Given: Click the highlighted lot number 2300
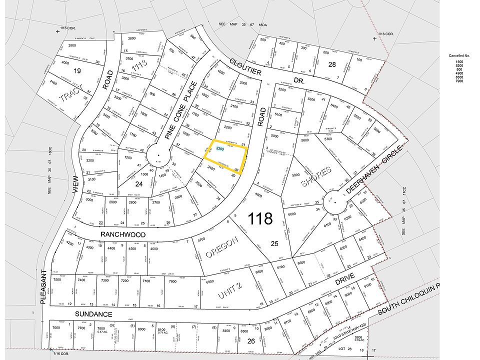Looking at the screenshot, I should (x=220, y=149).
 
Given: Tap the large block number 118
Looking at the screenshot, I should (x=260, y=218).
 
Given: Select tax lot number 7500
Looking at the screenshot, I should (x=56, y=280).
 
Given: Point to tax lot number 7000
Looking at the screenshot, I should (x=172, y=281).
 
